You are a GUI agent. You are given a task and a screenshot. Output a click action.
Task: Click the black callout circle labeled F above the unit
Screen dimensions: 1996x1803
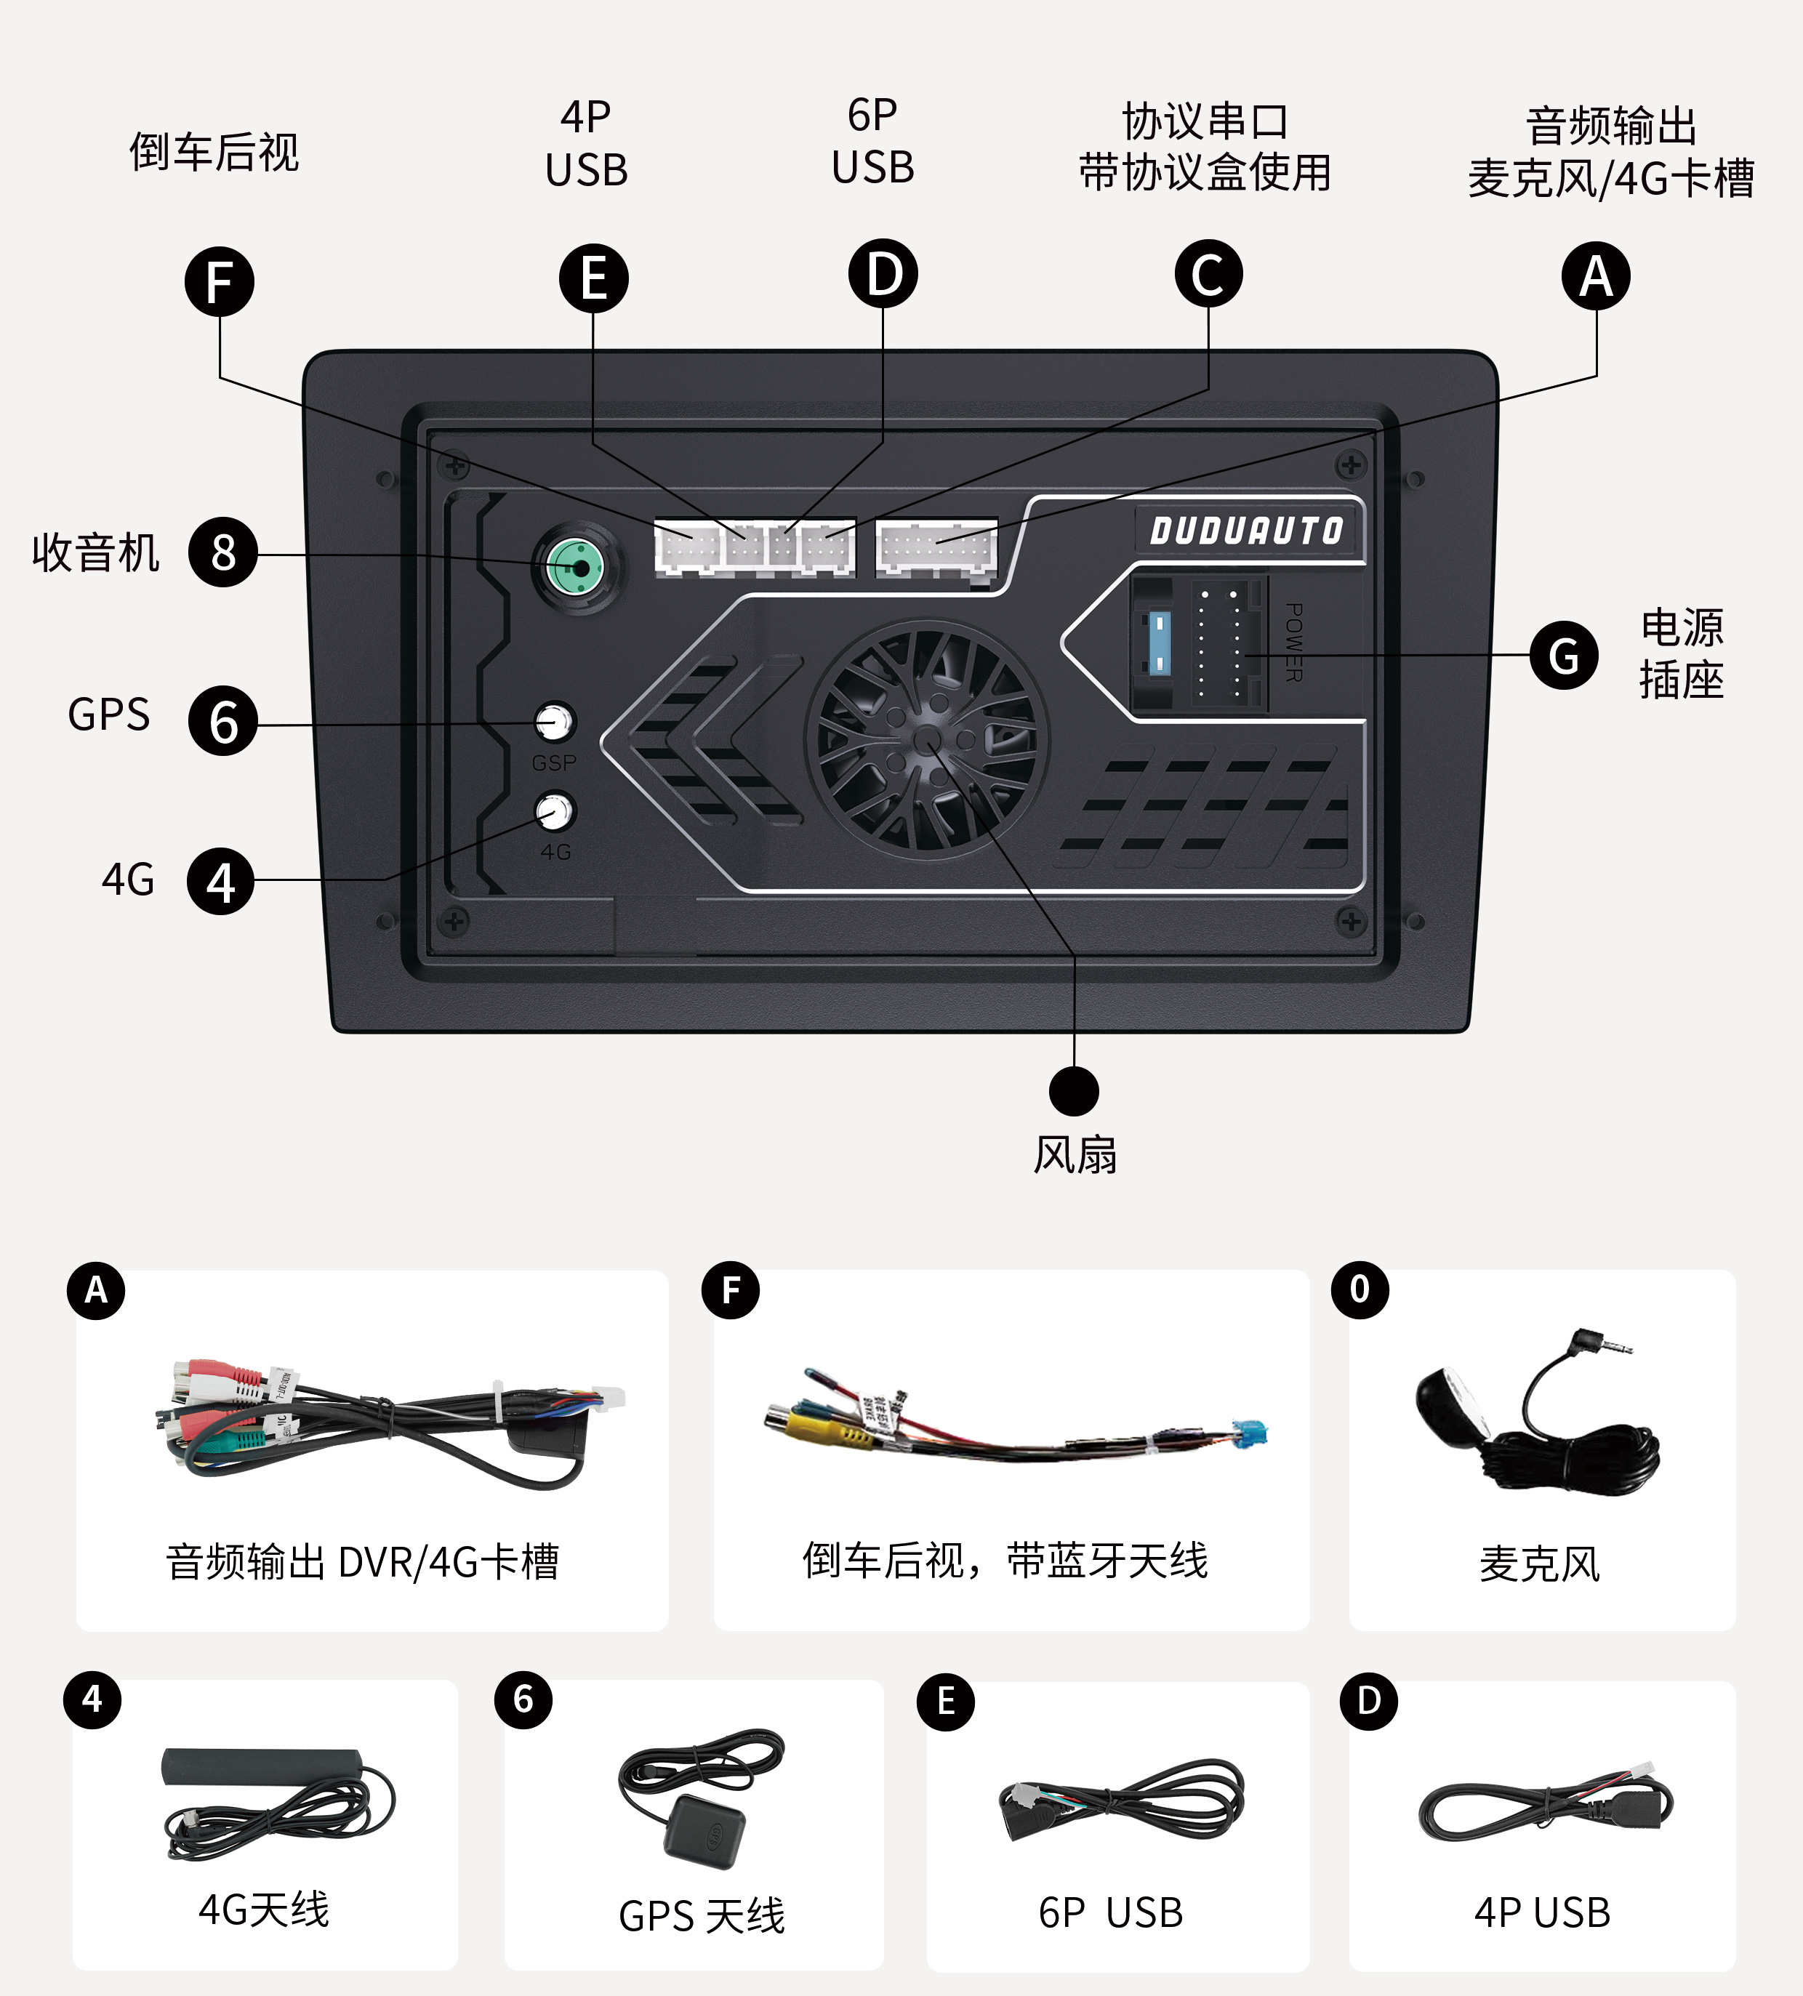[x=219, y=282]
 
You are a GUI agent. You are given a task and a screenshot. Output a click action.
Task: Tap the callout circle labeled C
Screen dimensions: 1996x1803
[x=1208, y=274]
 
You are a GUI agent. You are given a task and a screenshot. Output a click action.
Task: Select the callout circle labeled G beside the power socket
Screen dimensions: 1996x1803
[x=1563, y=656]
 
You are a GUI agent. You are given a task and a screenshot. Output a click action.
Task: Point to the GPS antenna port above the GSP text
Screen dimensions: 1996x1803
[x=553, y=722]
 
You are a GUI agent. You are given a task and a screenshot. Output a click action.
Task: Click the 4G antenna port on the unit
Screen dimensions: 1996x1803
[x=555, y=812]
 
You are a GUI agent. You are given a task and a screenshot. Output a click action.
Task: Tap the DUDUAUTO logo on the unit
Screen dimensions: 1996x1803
[x=1247, y=531]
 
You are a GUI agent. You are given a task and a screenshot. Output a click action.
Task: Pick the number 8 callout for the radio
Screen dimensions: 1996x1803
[x=222, y=552]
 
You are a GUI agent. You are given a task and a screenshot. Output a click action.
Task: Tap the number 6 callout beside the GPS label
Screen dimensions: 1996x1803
[x=222, y=721]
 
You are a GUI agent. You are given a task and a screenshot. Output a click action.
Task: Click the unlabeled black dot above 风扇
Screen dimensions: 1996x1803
[x=1073, y=1091]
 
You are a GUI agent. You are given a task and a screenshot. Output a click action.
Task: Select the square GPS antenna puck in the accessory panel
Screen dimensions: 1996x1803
[x=704, y=1834]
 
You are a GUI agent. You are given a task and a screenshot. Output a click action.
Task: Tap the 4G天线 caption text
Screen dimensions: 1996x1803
[x=263, y=1909]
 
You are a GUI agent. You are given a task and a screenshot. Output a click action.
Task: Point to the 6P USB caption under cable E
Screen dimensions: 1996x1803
[x=1110, y=1913]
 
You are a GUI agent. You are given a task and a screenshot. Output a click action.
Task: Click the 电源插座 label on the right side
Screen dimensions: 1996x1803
[x=1680, y=653]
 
